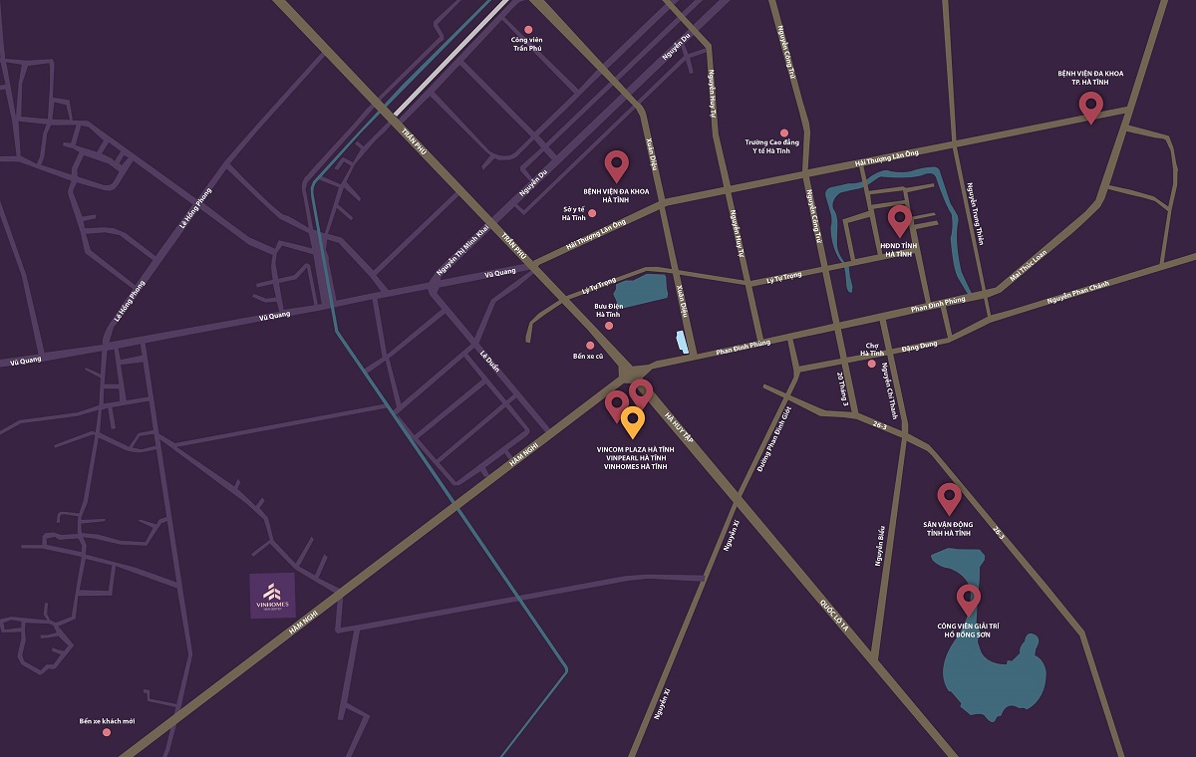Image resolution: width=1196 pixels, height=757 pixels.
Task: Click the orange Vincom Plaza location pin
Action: [x=632, y=421]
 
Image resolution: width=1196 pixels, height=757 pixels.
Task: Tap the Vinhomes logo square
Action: [x=272, y=596]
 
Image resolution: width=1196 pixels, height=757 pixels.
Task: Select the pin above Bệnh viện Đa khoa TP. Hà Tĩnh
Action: [x=1090, y=106]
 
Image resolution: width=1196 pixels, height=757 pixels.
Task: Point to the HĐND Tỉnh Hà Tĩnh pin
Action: [x=899, y=219]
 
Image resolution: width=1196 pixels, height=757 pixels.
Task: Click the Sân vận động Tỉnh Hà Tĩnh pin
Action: [x=949, y=497]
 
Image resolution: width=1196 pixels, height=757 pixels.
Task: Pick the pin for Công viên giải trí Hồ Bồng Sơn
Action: [x=967, y=599]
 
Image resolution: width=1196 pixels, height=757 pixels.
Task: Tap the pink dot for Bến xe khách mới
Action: [x=107, y=732]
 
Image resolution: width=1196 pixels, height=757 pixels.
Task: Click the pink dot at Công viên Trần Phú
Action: [x=528, y=30]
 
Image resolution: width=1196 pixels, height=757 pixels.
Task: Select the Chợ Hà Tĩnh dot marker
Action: [x=872, y=364]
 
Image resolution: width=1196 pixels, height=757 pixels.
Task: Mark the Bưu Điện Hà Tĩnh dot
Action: [x=609, y=326]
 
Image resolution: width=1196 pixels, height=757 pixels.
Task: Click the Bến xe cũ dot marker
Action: [x=590, y=346]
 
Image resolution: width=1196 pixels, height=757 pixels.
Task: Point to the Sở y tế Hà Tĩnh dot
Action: [x=592, y=213]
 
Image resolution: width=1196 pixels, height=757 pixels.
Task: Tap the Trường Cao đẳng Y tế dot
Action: [x=783, y=132]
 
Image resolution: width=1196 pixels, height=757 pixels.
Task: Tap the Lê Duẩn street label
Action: [x=488, y=361]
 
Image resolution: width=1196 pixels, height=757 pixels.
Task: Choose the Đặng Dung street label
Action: [x=919, y=347]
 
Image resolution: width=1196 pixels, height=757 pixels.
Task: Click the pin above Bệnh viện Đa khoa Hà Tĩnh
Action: [x=617, y=164]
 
